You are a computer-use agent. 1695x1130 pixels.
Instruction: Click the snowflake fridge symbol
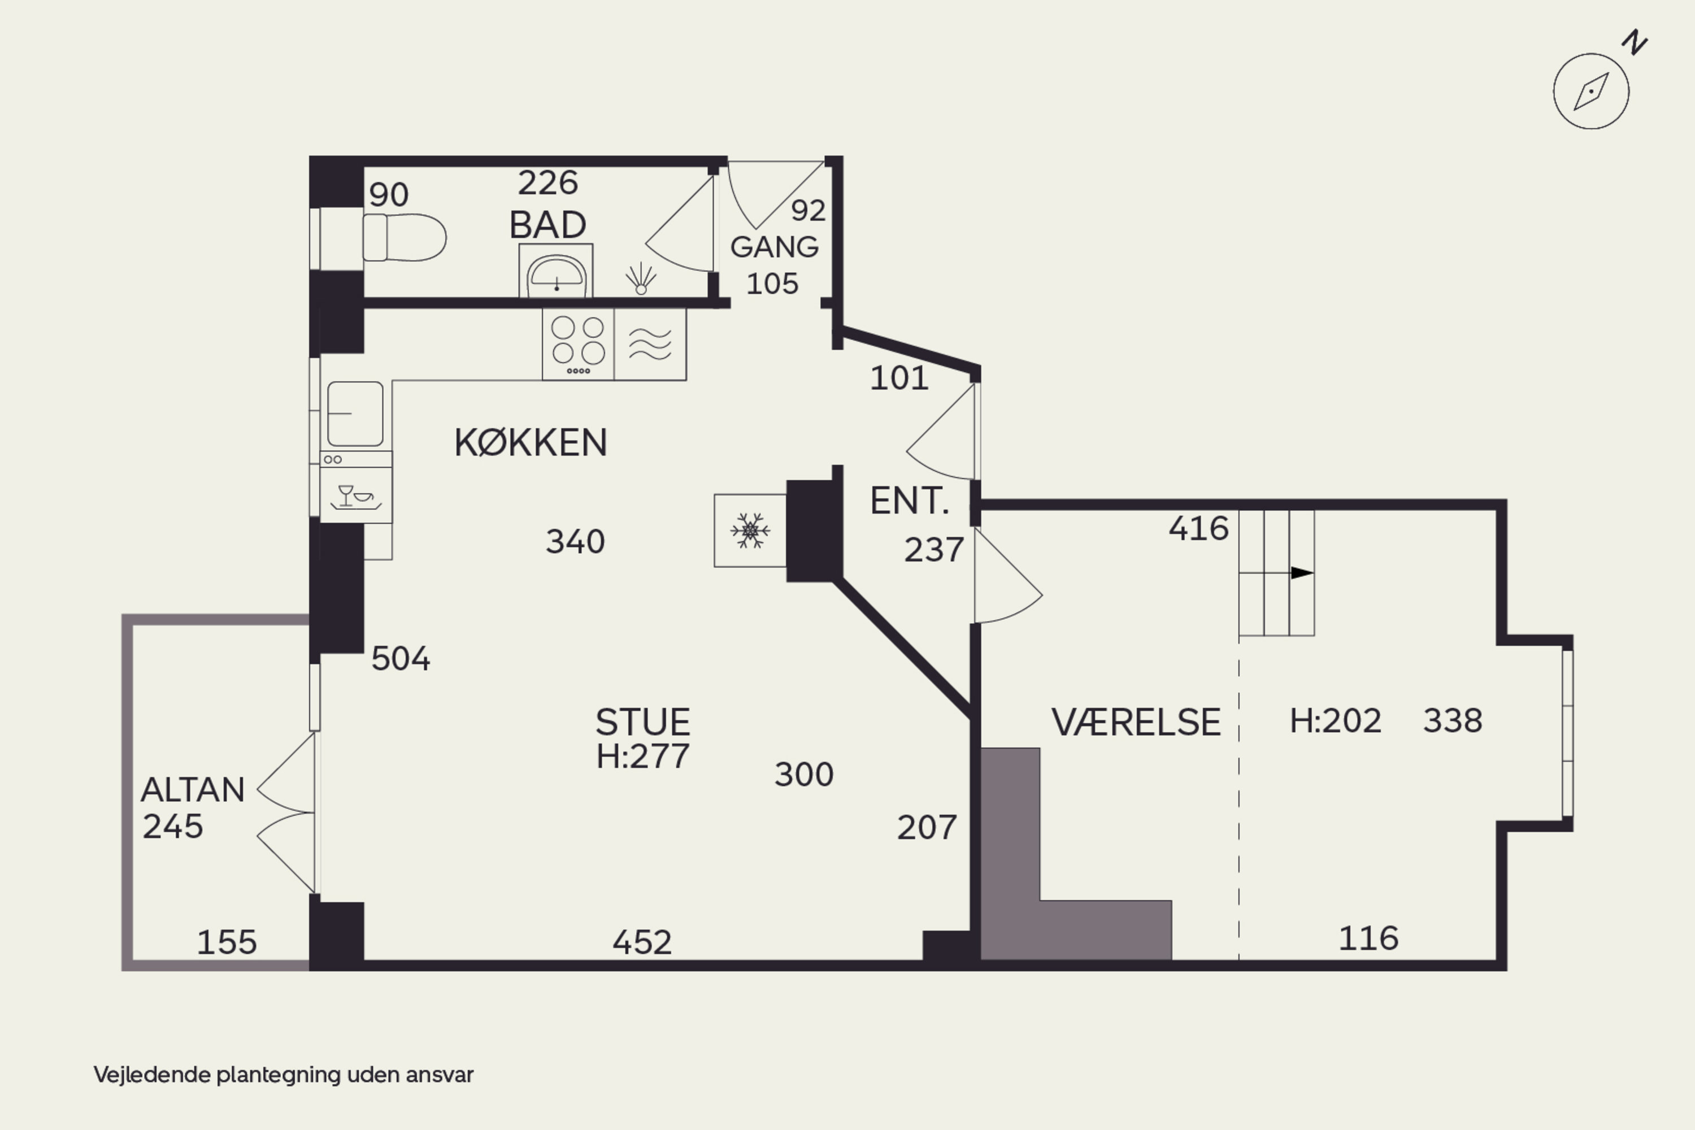pos(750,531)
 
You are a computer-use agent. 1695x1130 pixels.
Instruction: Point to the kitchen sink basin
pos(355,414)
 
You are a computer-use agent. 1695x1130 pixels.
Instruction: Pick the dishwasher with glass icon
pos(356,495)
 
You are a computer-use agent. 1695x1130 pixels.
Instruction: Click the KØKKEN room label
pos(531,442)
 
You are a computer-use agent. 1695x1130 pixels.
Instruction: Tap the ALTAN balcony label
pos(193,790)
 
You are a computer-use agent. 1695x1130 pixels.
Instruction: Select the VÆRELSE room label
pos(1136,722)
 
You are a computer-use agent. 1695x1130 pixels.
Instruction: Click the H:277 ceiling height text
pos(643,756)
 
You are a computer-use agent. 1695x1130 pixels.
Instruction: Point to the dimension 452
pos(642,942)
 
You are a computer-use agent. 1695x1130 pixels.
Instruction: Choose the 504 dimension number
pos(401,659)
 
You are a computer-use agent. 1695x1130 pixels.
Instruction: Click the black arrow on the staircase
pos(1302,573)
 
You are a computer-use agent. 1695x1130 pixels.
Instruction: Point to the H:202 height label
pos(1336,721)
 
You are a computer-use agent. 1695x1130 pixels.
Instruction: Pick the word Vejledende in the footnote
pos(153,1075)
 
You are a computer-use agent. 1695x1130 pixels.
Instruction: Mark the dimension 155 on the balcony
pos(227,942)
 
